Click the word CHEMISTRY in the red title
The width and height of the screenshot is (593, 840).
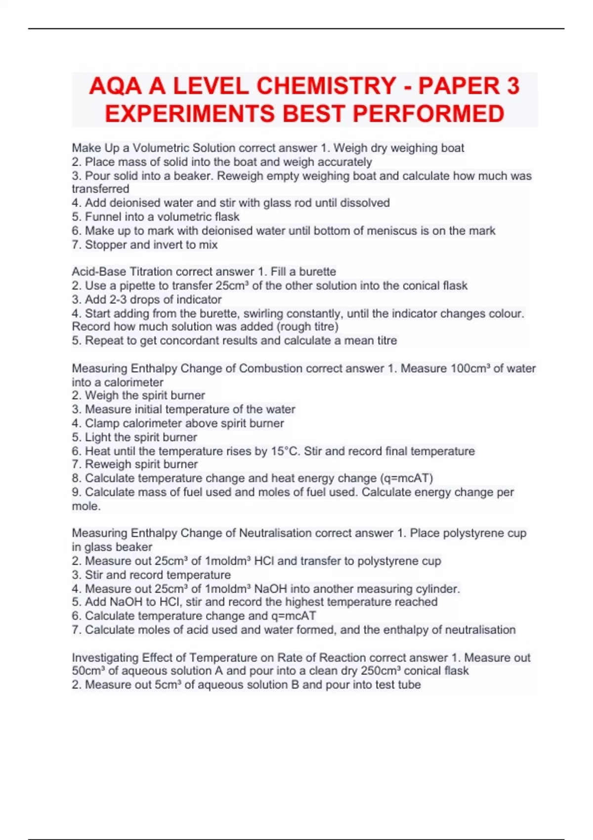pos(326,86)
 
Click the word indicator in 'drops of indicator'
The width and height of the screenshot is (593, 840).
pos(199,299)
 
